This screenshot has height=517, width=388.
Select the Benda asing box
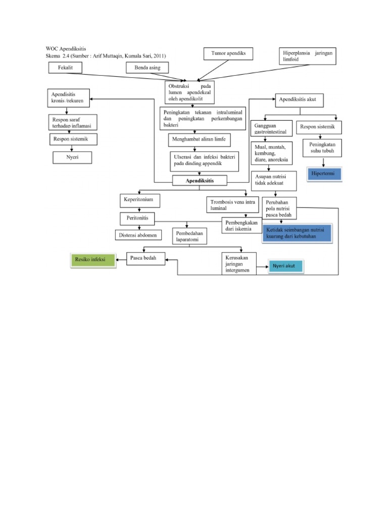[x=148, y=67]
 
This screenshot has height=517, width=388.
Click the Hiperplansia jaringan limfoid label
[x=308, y=56]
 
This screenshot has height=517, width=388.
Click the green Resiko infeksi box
[x=92, y=260]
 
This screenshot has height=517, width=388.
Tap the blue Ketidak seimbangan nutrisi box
[x=297, y=233]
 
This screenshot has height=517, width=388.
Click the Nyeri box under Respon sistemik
[x=73, y=158]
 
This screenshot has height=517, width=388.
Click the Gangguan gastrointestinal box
[x=271, y=128]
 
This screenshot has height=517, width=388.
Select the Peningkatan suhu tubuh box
[x=322, y=148]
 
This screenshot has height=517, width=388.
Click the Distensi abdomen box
[x=137, y=235]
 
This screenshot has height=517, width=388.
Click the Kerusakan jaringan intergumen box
[x=239, y=264]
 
